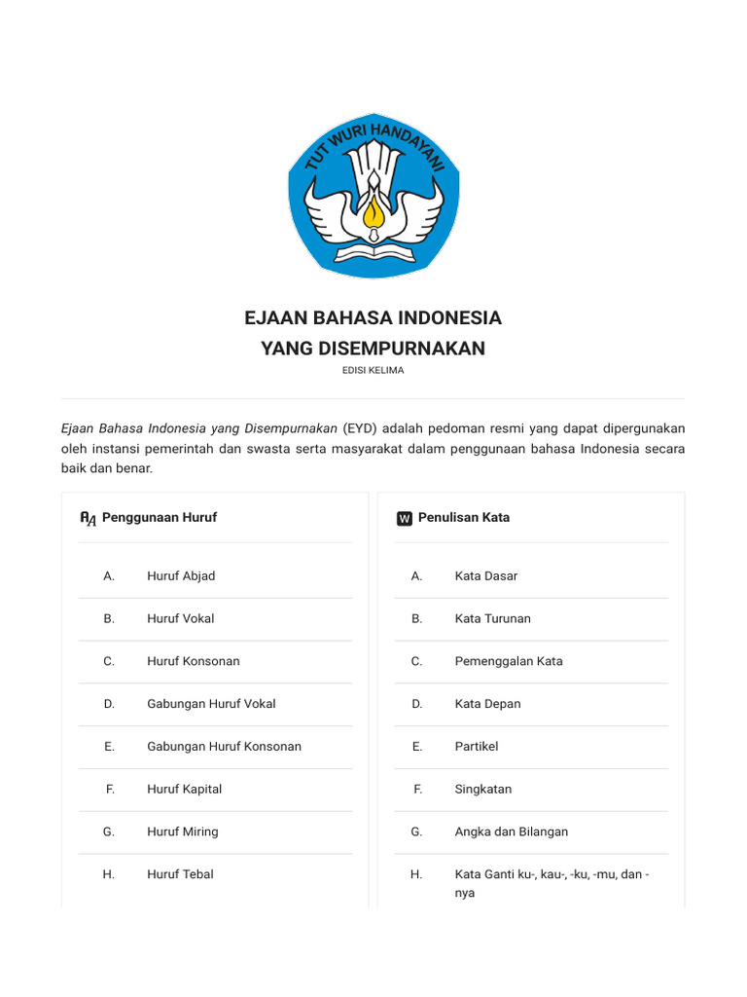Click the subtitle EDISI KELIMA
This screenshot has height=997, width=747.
(x=373, y=370)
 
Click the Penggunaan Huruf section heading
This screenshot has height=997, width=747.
(x=160, y=518)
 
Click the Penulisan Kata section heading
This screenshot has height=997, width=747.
(x=464, y=518)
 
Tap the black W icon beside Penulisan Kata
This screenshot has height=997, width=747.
(x=405, y=519)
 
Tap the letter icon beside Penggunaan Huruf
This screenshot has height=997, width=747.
(x=89, y=519)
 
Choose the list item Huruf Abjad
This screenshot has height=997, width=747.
(x=181, y=576)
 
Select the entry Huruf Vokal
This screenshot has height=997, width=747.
(x=181, y=619)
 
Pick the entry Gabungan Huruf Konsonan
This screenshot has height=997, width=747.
(x=224, y=747)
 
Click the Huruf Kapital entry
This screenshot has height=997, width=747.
(x=185, y=790)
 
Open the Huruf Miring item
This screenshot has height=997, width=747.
(x=183, y=832)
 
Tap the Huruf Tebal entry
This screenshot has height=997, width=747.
(x=180, y=874)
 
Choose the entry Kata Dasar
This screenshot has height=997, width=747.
(x=486, y=576)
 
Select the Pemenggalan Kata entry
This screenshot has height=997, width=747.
(x=509, y=662)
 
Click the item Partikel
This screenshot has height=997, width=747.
(x=477, y=747)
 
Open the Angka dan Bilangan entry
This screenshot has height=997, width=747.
(x=512, y=832)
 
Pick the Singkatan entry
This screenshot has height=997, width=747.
(x=483, y=790)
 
